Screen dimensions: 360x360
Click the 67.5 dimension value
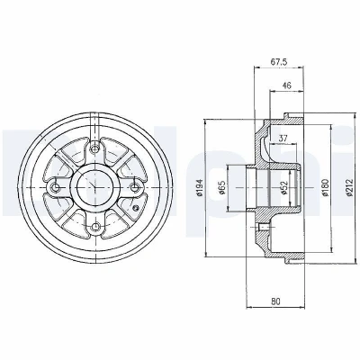tap(279, 62)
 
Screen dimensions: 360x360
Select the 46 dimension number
tap(287, 85)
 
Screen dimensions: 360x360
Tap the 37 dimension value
tap(283, 139)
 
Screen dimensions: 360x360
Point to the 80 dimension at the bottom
tap(275, 301)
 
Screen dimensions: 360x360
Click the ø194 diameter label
tap(200, 188)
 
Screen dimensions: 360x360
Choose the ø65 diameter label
tap(222, 188)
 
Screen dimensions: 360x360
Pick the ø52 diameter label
tap(284, 188)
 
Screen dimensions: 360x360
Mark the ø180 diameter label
tap(326, 188)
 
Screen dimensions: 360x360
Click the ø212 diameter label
tap(349, 188)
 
